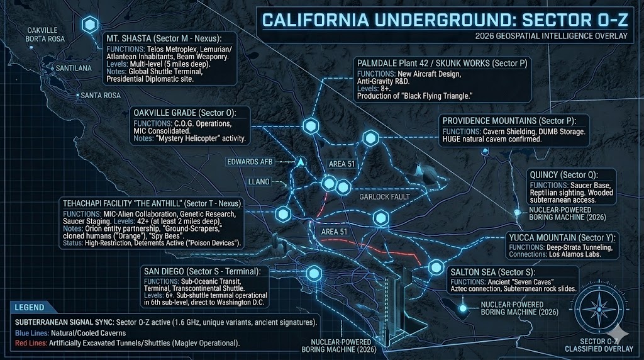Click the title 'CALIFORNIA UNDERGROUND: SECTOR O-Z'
tap(444, 20)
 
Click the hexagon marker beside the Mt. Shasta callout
tap(91, 25)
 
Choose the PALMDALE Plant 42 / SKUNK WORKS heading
tap(441, 63)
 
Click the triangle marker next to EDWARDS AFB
tap(301, 162)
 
